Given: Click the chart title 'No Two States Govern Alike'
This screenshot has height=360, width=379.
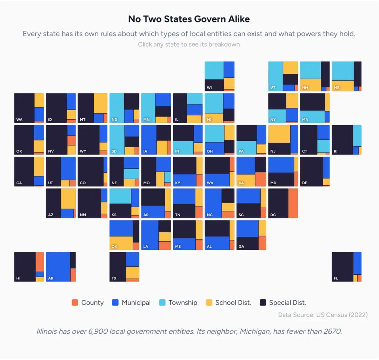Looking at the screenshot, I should click(189, 19).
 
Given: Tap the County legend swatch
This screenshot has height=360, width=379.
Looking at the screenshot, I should click(75, 302).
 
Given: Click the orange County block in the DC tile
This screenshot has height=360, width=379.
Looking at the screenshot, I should click(293, 203).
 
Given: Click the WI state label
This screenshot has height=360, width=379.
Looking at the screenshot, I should click(210, 88).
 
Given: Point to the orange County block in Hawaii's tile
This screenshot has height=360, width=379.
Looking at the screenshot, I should click(40, 261).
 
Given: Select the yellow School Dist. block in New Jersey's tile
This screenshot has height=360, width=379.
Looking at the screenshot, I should click(279, 134).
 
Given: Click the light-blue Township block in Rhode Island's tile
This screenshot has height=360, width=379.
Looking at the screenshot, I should click(357, 135).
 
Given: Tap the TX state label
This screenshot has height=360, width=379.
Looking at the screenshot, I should click(114, 278).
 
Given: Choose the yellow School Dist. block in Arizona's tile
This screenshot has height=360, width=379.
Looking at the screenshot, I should click(68, 199).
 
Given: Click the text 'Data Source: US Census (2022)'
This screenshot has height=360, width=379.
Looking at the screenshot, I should click(323, 315).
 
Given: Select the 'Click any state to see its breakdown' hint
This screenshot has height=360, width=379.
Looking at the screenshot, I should click(189, 44).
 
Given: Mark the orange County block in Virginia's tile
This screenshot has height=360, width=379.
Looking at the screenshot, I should click(261, 179).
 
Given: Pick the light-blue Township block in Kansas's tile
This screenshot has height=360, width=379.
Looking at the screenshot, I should click(120, 196).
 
